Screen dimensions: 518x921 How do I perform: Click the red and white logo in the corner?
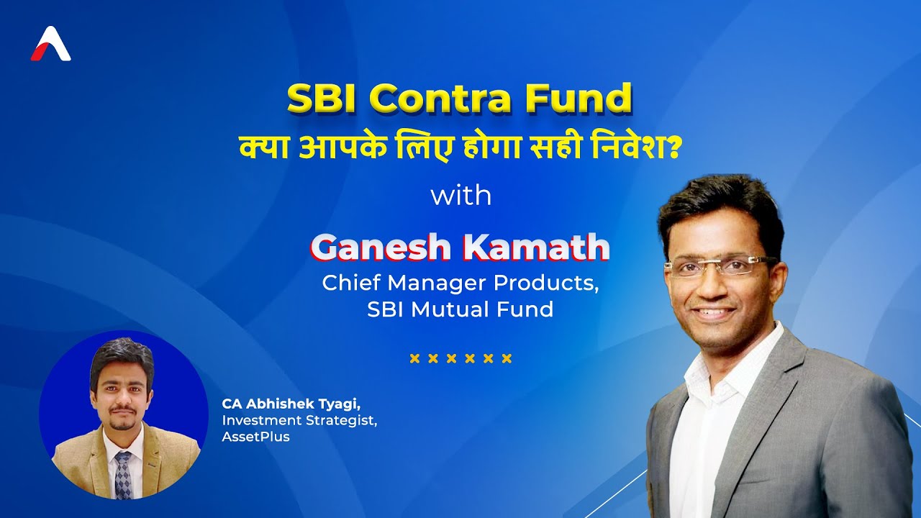[50, 45]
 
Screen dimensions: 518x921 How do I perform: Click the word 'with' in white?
[460, 196]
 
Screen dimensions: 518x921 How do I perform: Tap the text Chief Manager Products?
[460, 283]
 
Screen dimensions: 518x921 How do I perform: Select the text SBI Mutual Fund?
[460, 309]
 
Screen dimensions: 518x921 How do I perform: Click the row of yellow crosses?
[460, 358]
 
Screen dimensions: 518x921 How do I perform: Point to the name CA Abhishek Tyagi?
[291, 404]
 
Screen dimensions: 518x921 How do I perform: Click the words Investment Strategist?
[299, 420]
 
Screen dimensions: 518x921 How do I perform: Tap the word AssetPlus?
[256, 437]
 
